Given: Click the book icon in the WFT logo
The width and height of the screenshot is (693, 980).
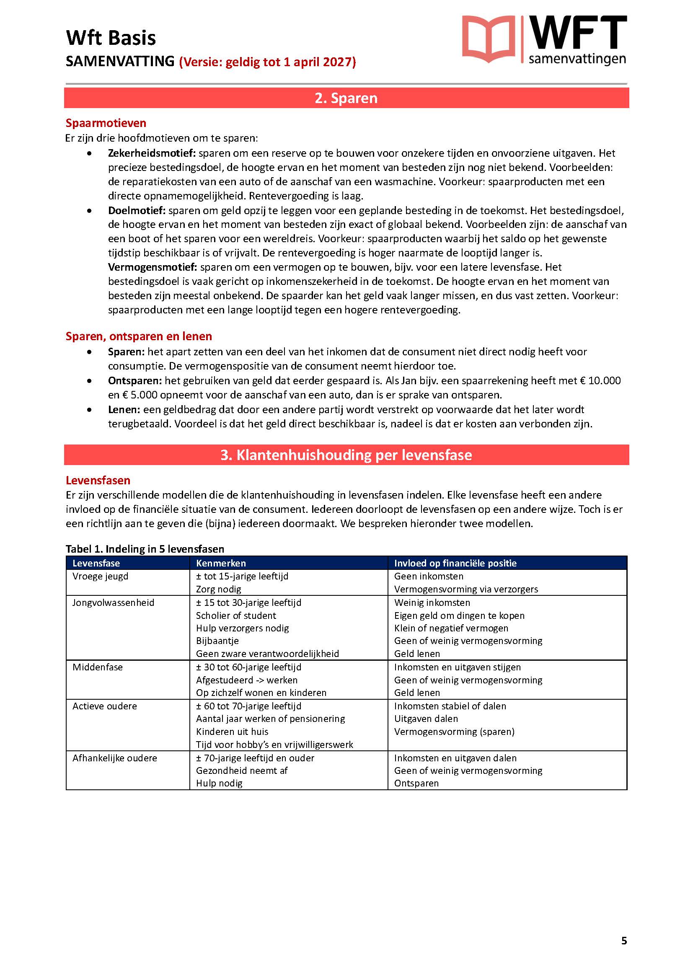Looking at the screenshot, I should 488,39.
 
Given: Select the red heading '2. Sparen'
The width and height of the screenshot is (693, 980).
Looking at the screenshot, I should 346,98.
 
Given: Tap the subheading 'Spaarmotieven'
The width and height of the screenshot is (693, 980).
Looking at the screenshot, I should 106,123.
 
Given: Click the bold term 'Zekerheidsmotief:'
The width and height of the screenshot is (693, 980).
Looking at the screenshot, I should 152,153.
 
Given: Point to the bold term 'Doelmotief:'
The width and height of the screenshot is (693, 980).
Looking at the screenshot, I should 137,210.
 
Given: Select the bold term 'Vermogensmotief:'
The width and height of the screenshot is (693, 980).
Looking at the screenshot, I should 153,267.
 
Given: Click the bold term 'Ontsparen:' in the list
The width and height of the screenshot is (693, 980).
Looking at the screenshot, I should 135,380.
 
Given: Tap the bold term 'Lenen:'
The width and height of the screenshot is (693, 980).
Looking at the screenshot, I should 124,409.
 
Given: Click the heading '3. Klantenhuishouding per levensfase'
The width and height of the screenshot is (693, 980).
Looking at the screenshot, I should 346,455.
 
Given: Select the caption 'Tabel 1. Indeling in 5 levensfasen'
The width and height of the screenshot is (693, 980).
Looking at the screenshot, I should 145,549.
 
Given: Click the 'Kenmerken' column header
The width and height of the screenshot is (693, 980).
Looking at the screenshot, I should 221,563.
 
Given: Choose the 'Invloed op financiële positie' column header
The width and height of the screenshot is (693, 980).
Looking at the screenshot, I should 455,563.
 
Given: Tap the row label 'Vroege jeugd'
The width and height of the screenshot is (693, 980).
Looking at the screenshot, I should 100,576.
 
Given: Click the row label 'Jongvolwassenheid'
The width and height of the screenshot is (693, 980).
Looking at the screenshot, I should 113,602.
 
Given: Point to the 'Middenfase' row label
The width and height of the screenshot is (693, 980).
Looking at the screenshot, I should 97,667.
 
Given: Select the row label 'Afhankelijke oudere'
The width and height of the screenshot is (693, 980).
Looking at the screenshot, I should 115,758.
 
